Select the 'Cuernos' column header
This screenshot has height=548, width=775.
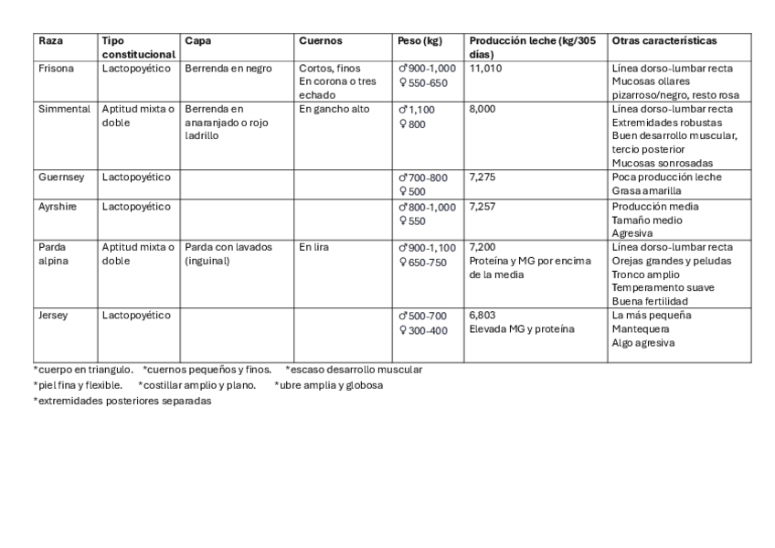coord(320,41)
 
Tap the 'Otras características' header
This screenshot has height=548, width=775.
coord(664,41)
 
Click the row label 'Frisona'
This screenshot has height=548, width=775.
coord(56,68)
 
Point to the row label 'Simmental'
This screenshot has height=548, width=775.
coord(64,109)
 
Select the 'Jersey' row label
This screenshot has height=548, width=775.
coord(53,316)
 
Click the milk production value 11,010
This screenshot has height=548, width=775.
coord(485,68)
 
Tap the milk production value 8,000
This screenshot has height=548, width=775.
coord(483,109)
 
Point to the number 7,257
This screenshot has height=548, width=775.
coord(483,207)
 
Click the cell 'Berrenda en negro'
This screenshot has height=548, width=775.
coord(228,68)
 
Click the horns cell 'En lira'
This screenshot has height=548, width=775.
coord(314,247)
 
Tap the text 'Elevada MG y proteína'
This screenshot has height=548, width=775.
coord(522,329)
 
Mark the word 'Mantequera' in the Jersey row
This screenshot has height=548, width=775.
coord(641,329)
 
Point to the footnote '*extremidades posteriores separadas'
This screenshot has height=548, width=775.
coord(122,401)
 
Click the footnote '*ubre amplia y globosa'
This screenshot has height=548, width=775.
coord(328,385)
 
